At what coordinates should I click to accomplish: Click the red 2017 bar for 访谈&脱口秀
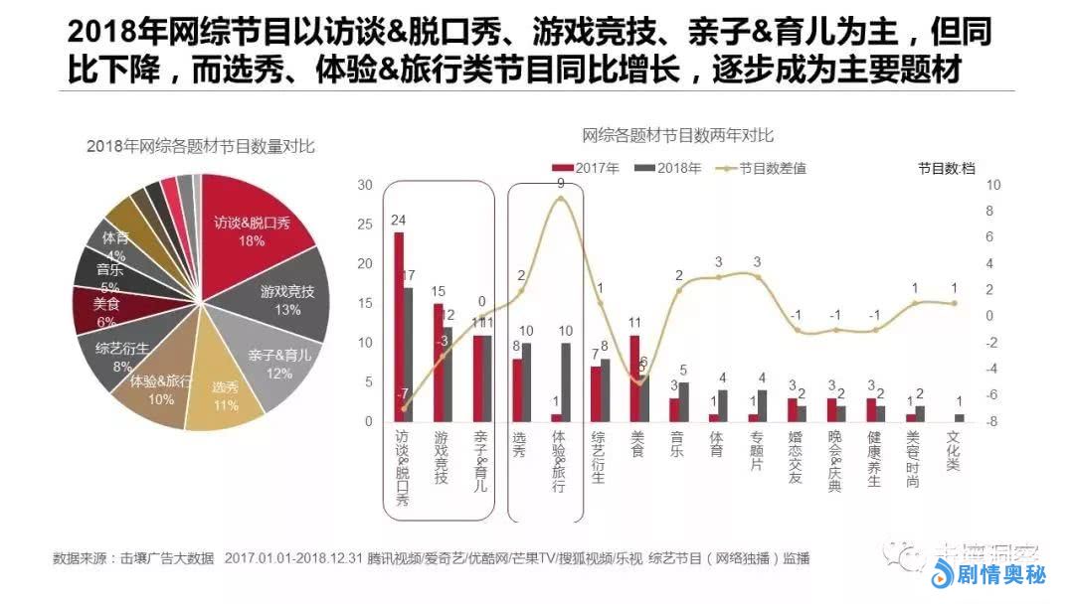(399, 327)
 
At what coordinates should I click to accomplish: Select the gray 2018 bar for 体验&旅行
(567, 382)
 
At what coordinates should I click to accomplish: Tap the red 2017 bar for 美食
(634, 378)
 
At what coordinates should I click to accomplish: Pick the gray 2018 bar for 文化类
(959, 417)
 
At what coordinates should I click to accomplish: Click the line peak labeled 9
(561, 199)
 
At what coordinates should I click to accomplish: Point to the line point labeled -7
(404, 407)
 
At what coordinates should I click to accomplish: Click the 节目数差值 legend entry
(760, 169)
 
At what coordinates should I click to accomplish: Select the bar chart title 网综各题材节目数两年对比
(678, 135)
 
